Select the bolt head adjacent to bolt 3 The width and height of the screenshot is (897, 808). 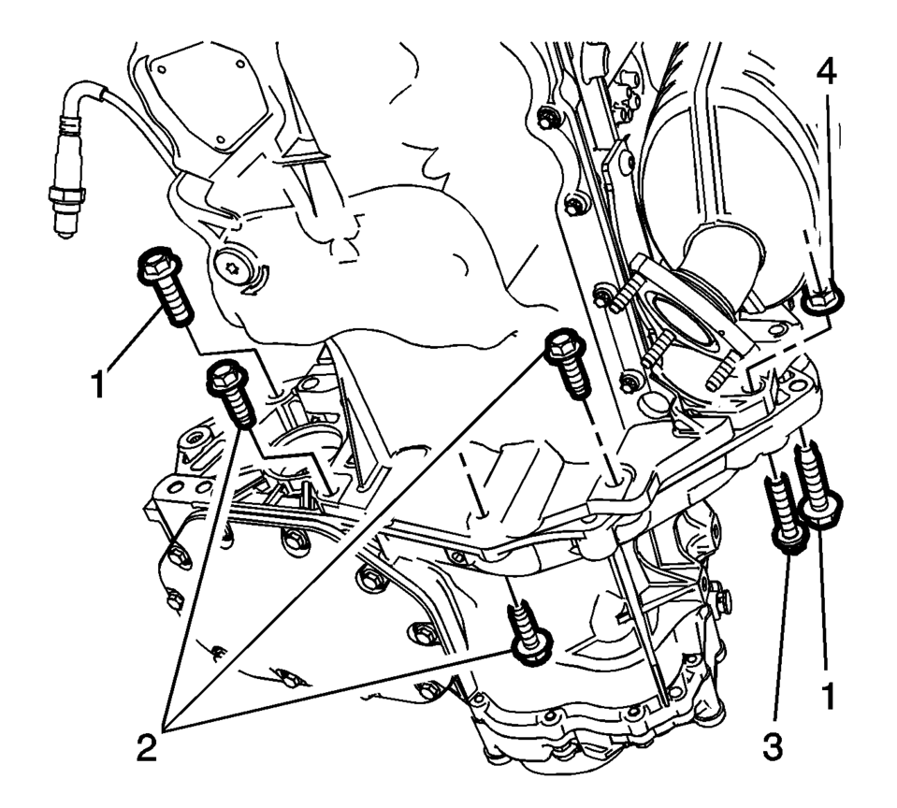pos(822,511)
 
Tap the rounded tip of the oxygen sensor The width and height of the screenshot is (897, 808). pos(64,227)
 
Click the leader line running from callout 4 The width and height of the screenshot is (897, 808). pos(829,187)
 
